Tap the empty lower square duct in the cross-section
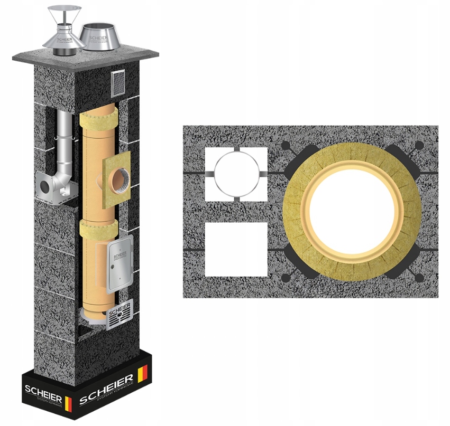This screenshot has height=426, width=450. coord(236,249)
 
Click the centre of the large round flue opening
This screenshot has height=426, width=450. coord(352,210)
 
